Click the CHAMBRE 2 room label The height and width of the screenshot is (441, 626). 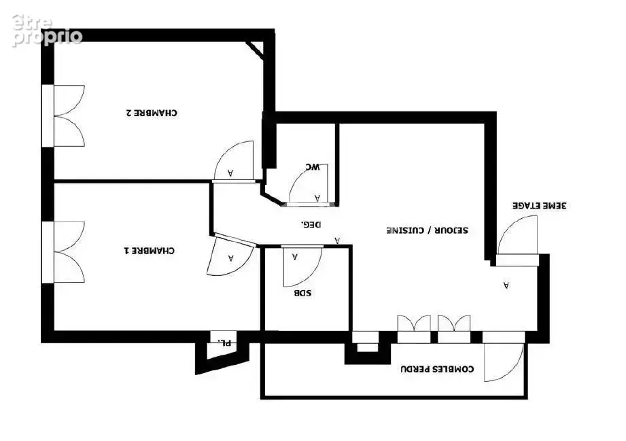152,113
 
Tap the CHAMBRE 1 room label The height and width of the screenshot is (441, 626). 150,251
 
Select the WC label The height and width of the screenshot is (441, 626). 312,166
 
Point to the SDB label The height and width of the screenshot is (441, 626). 302,293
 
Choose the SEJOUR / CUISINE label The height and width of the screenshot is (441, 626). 427,230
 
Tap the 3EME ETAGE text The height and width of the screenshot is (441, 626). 540,205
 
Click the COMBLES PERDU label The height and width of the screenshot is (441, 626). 437,369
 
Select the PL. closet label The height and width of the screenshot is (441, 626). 224,342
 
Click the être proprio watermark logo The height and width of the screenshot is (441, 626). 47,31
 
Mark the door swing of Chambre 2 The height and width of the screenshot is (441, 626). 234,160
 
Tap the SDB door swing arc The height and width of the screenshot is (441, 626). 303,266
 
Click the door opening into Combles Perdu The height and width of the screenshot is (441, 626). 504,362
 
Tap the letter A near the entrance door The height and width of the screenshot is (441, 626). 506,285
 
